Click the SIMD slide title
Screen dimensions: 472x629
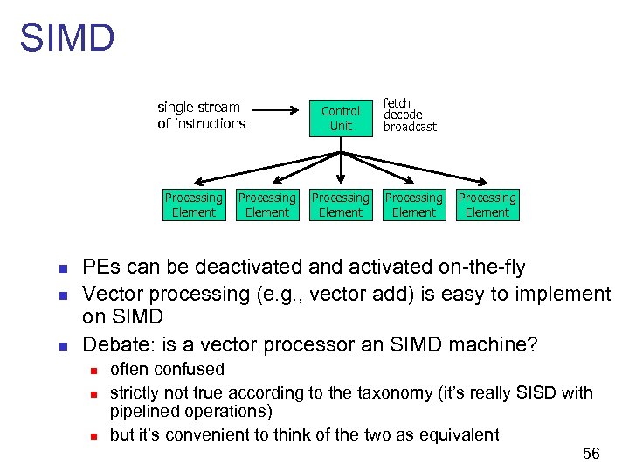tap(67, 38)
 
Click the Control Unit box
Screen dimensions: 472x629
tap(341, 118)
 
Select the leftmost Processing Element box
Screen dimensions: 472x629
tap(194, 205)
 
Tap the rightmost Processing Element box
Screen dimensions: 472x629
tap(487, 205)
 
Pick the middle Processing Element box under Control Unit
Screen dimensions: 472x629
tap(341, 205)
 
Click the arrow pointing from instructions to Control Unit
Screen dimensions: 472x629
tap(280, 111)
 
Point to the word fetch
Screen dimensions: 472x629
tap(397, 103)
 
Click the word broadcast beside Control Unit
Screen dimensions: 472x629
tap(410, 127)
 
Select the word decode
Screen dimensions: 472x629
tap(403, 115)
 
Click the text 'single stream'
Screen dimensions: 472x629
tap(198, 107)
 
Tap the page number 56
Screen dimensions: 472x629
tap(591, 453)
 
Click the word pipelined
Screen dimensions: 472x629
tap(144, 411)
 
